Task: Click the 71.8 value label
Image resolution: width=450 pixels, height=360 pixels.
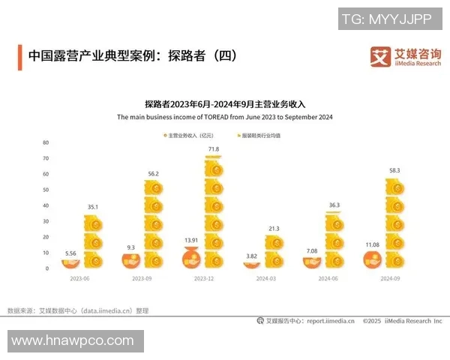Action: (x=214, y=150)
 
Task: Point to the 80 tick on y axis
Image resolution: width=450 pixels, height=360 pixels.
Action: (x=46, y=142)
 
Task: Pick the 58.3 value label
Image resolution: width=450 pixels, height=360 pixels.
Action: (x=394, y=171)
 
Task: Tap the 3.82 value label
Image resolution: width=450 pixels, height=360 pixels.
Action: (x=253, y=256)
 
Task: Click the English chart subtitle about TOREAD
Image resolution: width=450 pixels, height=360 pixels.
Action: (x=224, y=118)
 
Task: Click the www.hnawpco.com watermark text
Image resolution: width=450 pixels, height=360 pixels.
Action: (x=73, y=340)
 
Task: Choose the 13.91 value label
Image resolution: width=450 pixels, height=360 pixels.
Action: (x=192, y=241)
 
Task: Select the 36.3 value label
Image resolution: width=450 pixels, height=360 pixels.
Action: (x=334, y=205)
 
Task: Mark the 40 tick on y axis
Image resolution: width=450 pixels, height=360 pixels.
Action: (x=46, y=205)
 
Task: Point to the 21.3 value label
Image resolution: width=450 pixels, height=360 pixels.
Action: (x=274, y=229)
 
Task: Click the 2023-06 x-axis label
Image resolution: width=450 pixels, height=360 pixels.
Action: (x=82, y=277)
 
